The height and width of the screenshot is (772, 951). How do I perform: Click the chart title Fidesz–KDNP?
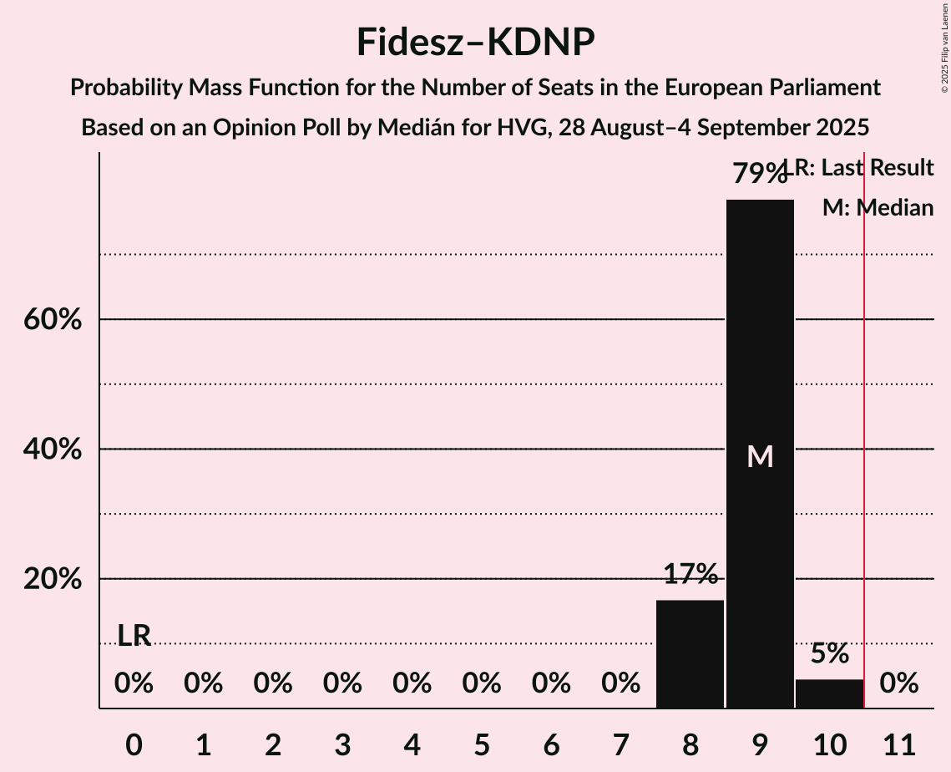475,42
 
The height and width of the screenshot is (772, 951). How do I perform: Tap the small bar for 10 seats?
829,693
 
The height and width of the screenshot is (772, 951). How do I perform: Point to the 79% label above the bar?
760,174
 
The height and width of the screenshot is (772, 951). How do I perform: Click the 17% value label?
690,574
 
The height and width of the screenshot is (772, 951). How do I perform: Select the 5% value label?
829,653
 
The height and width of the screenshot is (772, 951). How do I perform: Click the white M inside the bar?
760,456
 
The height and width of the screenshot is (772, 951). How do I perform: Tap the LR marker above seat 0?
134,636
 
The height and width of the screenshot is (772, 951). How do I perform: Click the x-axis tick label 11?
898,743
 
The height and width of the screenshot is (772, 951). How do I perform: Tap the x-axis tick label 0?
134,743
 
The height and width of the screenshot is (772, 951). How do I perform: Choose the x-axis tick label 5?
482,743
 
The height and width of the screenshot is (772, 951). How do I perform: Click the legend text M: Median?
878,208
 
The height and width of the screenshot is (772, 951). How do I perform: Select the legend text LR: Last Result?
864,168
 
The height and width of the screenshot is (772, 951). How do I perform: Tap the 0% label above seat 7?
620,684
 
